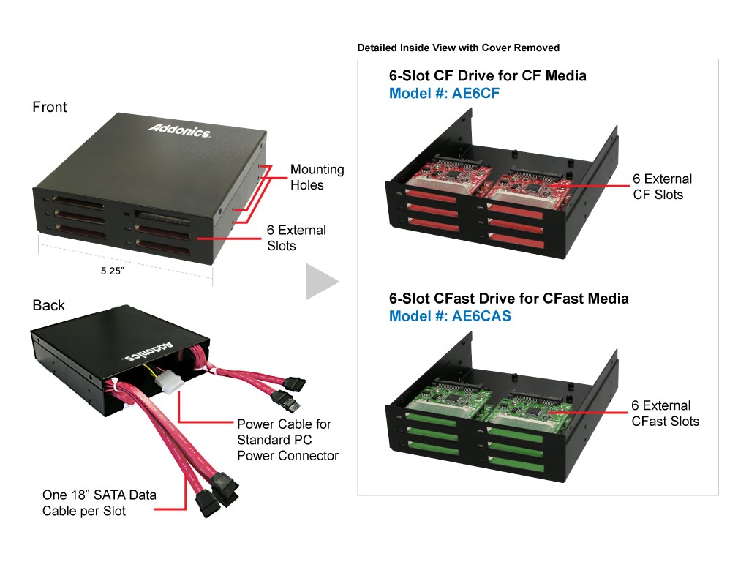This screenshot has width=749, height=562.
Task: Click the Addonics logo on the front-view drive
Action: coord(179,130)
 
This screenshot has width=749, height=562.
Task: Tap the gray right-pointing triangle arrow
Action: coord(322,282)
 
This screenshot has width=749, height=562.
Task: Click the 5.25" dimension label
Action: coord(112,271)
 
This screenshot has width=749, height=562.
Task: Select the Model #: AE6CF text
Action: coord(444,93)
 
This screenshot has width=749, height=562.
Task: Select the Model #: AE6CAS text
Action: coord(450,316)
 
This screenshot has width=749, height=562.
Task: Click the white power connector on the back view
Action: coord(171,381)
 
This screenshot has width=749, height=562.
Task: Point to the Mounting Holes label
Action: coord(317,177)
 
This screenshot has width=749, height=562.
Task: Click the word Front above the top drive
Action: coord(50,107)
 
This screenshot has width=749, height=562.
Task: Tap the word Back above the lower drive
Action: coord(49,305)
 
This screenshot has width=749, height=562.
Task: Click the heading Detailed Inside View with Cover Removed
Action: coord(459,48)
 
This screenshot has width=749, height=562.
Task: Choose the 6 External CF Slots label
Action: coord(663,187)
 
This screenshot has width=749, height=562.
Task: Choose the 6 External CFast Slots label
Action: coord(666,413)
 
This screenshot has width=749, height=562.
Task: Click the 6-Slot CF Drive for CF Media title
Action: coord(488,75)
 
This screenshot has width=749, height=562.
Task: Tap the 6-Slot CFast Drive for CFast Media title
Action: coord(509,299)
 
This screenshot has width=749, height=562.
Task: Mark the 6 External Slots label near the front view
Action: coord(296,238)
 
